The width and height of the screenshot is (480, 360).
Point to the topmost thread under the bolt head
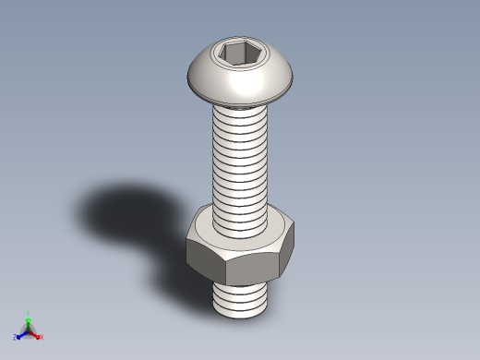pos(240,112)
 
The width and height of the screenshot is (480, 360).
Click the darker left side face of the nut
pos(205,258)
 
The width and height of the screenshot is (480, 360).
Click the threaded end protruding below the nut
pos(241,297)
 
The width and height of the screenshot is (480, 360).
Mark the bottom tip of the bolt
pos(241,313)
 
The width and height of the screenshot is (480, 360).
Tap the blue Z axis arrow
pos(21,334)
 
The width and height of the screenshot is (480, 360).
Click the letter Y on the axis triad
pos(29,314)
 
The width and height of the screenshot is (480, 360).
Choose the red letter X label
pos(41,337)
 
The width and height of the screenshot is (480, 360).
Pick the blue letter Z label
pos(16,337)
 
